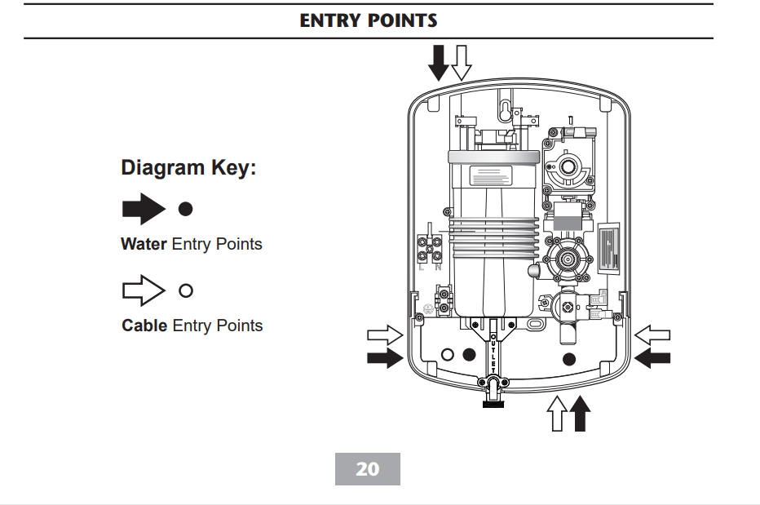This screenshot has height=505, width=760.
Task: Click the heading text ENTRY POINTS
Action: (369, 20)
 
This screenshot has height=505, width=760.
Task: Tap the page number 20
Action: (368, 469)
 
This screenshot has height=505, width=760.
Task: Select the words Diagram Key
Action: (188, 168)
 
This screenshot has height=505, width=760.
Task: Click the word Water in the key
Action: (144, 244)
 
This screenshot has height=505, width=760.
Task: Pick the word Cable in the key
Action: (144, 326)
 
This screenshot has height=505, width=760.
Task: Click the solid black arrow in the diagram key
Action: (143, 209)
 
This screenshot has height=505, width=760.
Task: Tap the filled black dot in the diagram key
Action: (186, 209)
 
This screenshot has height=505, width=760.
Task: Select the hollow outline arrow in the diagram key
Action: (143, 290)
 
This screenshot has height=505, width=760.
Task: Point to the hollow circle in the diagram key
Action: (186, 290)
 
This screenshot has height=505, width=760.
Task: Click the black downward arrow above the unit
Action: (440, 61)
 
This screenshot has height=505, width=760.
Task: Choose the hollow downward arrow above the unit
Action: (462, 61)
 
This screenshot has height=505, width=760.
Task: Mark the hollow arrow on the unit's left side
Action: (385, 334)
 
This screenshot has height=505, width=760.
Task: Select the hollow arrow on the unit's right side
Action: (652, 334)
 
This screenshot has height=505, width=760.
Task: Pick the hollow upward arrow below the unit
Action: (557, 412)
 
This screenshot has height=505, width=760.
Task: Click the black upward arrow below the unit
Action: (580, 412)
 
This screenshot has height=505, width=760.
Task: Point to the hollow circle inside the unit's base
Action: (447, 355)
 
